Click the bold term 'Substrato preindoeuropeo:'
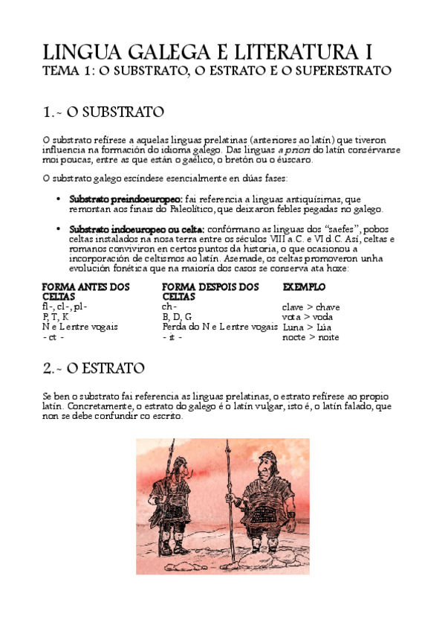point(126,199)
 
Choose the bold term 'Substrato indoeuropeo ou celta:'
point(137,229)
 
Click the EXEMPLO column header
point(304,286)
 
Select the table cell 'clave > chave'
point(311,307)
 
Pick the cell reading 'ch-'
point(169,307)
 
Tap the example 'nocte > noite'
point(311,337)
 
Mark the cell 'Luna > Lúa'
point(307,327)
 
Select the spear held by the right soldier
point(237,506)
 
